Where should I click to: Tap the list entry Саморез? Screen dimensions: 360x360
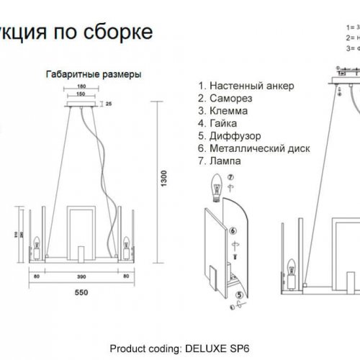(x=230, y=99)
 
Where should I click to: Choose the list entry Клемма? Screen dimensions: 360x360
(x=228, y=111)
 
